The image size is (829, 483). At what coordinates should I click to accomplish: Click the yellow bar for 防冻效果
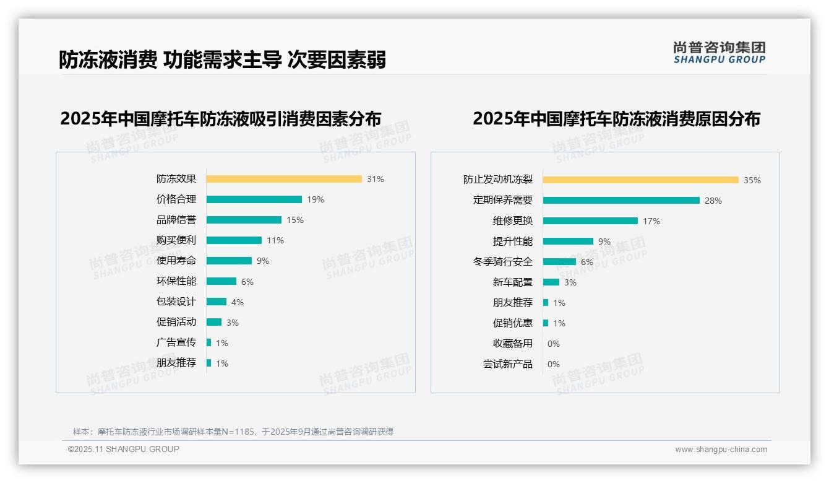(284, 179)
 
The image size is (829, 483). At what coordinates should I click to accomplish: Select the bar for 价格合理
(254, 199)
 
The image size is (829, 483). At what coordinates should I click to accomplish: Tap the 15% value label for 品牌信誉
(295, 220)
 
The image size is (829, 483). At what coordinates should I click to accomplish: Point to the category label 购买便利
(176, 240)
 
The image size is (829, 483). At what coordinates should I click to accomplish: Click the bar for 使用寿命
(229, 261)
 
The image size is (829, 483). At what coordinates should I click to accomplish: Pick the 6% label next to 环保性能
(247, 282)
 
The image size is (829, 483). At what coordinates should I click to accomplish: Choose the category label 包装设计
(176, 302)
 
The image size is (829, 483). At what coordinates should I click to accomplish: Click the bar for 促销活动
(214, 322)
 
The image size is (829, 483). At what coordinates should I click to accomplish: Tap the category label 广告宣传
(176, 342)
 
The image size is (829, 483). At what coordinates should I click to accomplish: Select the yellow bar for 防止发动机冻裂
(641, 180)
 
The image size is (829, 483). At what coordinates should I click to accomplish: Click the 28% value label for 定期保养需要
(713, 201)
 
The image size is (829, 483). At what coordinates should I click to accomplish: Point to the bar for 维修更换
(590, 221)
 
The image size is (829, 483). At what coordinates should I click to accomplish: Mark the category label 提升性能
(513, 241)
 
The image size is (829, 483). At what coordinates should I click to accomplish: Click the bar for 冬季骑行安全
(559, 262)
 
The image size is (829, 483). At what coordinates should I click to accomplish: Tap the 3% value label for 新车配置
(570, 282)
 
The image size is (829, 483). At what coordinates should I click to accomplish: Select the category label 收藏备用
(513, 344)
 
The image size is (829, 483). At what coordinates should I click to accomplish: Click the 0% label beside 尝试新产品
(554, 364)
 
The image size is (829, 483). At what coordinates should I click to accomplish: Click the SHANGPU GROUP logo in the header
(719, 53)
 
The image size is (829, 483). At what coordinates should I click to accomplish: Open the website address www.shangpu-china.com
(721, 450)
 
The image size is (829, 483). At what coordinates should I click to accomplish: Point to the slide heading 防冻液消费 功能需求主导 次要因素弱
(222, 59)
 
